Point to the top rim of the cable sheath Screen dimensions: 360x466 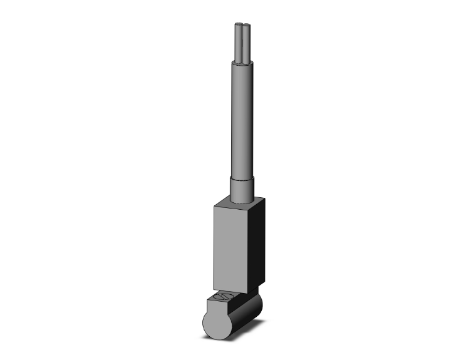point(242,62)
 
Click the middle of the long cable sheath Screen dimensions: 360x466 point(242,119)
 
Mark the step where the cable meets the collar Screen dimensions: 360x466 point(242,178)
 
